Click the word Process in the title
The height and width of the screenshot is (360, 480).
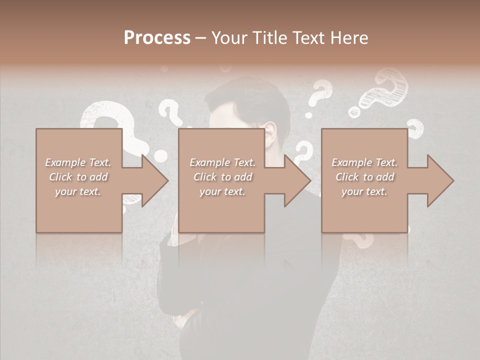tap(156, 38)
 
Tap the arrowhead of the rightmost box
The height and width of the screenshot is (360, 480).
tap(439, 180)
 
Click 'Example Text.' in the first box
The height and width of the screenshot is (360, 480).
tap(78, 162)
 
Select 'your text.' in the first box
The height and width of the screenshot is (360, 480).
tap(78, 191)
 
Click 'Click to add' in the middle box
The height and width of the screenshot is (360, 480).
tap(222, 177)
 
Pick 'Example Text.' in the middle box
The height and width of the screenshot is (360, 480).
tap(222, 162)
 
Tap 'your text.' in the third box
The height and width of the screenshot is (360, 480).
tap(364, 191)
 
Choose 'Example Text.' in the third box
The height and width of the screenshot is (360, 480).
tap(364, 162)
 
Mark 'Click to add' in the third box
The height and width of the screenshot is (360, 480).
tap(364, 177)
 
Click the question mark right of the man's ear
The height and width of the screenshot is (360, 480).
tap(303, 152)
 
